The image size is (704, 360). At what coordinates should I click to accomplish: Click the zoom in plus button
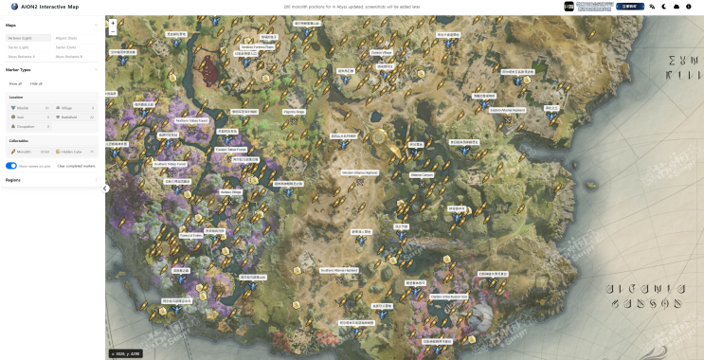point(113,23)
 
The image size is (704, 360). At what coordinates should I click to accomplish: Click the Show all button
point(15,83)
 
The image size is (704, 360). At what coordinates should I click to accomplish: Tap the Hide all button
point(36,83)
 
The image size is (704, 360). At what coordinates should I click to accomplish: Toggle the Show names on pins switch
point(11,166)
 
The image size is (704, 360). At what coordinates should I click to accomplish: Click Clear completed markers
point(76,166)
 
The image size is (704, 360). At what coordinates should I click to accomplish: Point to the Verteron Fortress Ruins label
point(258,46)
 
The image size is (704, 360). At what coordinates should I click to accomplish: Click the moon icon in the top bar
point(664,6)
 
